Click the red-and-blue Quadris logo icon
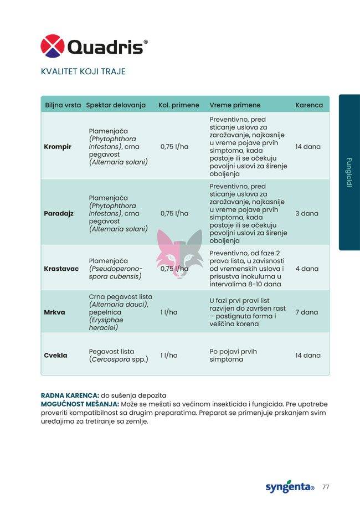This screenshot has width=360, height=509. click(53, 46)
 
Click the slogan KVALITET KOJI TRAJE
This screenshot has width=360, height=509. click(83, 71)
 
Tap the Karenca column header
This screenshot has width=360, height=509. click(308, 105)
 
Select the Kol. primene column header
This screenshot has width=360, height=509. click(178, 105)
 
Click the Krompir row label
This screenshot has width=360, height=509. click(57, 147)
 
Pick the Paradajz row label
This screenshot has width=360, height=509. click(59, 213)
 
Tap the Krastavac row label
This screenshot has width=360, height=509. click(61, 269)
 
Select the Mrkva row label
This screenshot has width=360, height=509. click(54, 312)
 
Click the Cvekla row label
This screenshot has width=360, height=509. click(55, 355)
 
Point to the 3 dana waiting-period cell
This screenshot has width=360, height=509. click(306, 213)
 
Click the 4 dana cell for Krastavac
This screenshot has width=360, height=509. click(306, 269)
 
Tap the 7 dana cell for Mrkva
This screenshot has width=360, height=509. click(306, 312)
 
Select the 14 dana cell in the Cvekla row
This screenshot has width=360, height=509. click(308, 355)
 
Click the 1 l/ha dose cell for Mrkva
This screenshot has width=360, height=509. click(168, 312)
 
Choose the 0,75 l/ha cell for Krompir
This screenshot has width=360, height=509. click(174, 147)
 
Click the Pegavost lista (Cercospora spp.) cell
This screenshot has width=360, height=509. click(119, 355)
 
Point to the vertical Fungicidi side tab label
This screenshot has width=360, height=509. click(349, 173)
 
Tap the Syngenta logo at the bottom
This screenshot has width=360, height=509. click(290, 487)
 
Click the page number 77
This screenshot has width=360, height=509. click(326, 487)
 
